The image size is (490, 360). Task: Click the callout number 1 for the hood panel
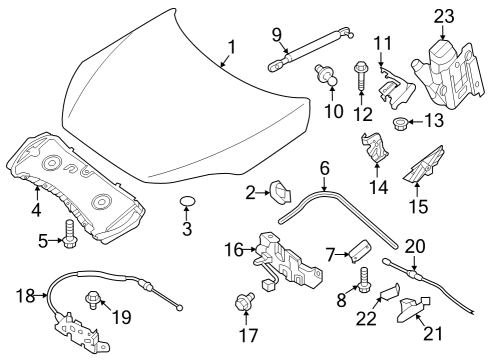pos(231,46)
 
